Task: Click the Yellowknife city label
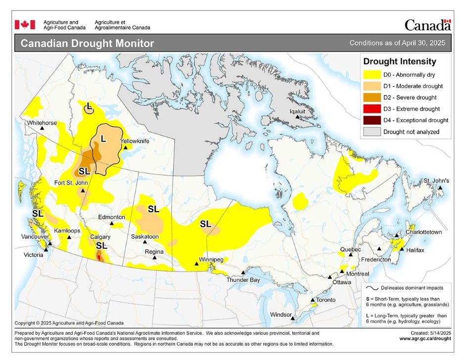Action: [135, 141]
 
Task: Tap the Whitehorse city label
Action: [42, 122]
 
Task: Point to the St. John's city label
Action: [435, 180]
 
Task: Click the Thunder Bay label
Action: [243, 280]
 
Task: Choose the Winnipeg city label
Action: [211, 259]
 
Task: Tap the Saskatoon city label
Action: [144, 236]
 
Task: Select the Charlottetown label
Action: [423, 231]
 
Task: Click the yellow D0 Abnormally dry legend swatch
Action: [372, 75]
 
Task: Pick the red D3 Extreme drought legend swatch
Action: [372, 109]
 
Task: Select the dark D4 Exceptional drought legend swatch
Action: [372, 120]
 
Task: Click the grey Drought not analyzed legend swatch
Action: [372, 132]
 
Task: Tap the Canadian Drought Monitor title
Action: [87, 44]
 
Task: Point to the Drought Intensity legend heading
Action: [400, 62]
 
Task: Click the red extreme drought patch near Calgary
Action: [100, 257]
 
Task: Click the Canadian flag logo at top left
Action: [25, 25]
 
